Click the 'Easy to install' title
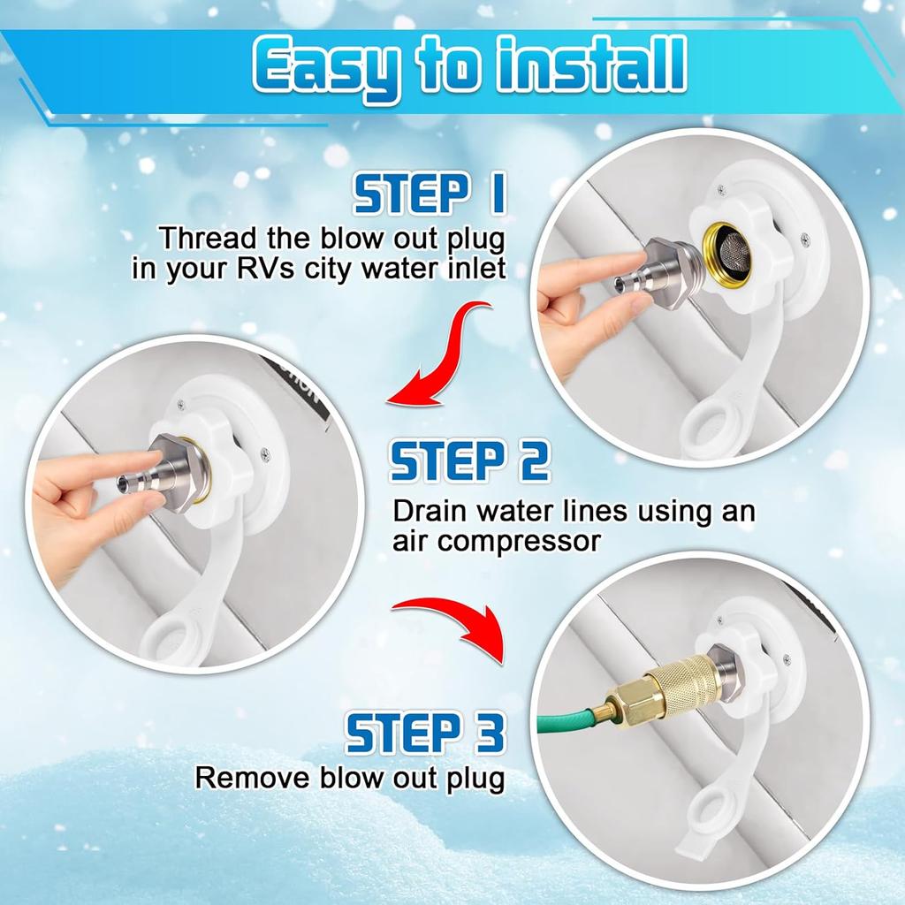tap(469, 68)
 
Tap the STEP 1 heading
tap(430, 195)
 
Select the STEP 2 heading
tap(469, 461)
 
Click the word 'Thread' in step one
tap(206, 239)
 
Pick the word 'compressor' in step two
tap(519, 542)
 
